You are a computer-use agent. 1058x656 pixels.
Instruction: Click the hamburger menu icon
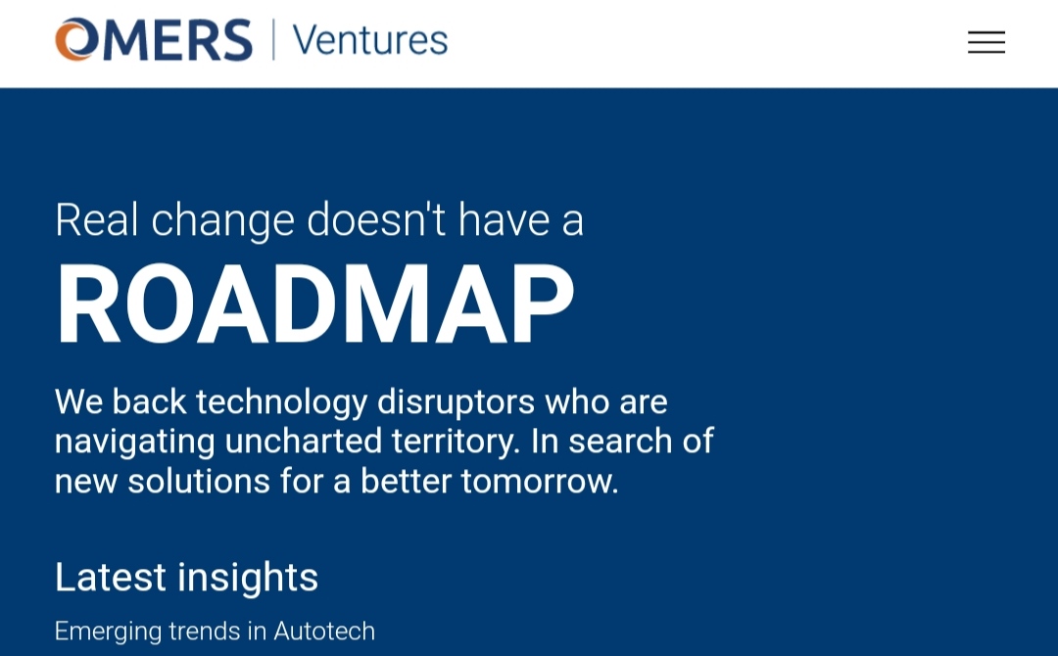tap(986, 42)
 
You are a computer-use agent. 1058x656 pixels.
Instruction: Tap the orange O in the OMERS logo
tap(75, 40)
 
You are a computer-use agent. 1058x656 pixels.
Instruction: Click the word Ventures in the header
tap(369, 40)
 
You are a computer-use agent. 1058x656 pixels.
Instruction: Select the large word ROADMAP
tap(315, 304)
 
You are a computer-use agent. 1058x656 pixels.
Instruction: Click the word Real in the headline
tap(96, 219)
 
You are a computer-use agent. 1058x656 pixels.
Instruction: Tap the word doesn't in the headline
tap(376, 219)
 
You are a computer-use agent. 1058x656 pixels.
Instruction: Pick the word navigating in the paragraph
tap(135, 443)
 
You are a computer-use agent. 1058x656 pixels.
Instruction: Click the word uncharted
tap(304, 442)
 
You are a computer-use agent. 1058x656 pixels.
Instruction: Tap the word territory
tap(457, 443)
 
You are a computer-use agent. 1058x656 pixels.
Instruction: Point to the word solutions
tap(199, 482)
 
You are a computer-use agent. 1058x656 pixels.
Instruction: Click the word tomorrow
tap(540, 482)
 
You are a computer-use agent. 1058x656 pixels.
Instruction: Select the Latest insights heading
tap(186, 578)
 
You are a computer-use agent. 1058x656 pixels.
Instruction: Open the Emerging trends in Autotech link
tap(215, 632)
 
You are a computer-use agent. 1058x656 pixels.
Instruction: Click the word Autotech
tap(324, 632)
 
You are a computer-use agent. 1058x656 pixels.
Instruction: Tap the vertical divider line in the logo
tap(273, 40)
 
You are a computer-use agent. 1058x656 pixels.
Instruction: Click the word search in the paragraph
tap(620, 442)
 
